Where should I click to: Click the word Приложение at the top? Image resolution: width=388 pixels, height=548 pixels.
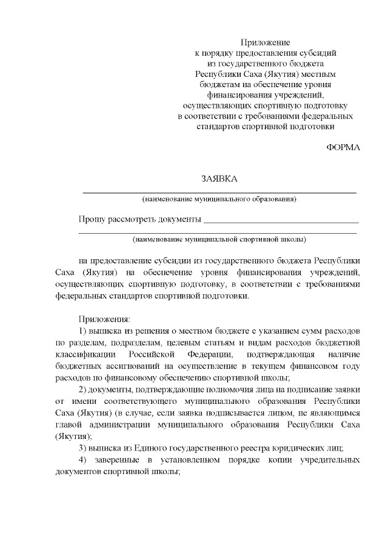click(266, 42)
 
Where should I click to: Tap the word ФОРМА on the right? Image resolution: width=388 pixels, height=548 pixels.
click(343, 148)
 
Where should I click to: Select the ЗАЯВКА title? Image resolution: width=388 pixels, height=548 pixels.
click(219, 179)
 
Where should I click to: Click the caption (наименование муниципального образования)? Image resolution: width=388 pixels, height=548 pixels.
click(219, 199)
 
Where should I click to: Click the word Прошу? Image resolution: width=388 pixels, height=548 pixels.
click(92, 219)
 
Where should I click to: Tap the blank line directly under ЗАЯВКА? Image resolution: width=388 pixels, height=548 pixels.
click(219, 191)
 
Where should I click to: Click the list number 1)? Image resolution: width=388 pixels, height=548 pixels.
click(83, 331)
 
